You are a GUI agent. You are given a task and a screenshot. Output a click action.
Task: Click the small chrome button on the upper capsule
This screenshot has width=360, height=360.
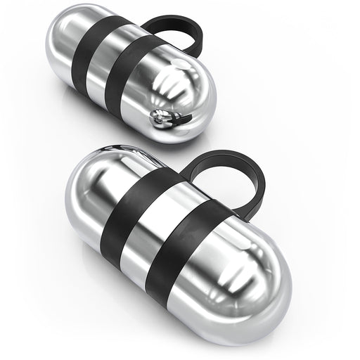pyautogui.click(x=160, y=120)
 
